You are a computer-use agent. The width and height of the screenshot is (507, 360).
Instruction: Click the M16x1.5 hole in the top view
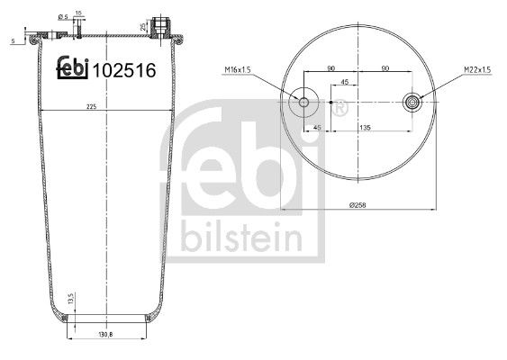pyautogui.click(x=303, y=102)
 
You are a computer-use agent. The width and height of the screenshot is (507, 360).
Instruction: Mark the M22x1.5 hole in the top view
pyautogui.click(x=413, y=102)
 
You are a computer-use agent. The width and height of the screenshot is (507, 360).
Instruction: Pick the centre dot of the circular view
pyautogui.click(x=331, y=103)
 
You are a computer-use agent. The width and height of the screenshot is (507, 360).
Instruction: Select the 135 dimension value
pyautogui.click(x=367, y=129)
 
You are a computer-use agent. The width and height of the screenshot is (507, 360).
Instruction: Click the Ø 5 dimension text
pyautogui.click(x=63, y=16)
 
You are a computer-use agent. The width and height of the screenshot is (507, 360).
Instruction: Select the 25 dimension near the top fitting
pyautogui.click(x=146, y=27)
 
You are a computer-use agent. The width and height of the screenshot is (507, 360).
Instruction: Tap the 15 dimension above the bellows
pyautogui.click(x=79, y=13)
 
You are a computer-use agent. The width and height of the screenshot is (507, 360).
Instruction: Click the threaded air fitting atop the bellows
pyautogui.click(x=161, y=23)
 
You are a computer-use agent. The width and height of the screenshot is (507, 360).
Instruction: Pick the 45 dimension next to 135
pyautogui.click(x=317, y=129)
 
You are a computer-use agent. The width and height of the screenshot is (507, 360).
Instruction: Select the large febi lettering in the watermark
pyautogui.click(x=245, y=168)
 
